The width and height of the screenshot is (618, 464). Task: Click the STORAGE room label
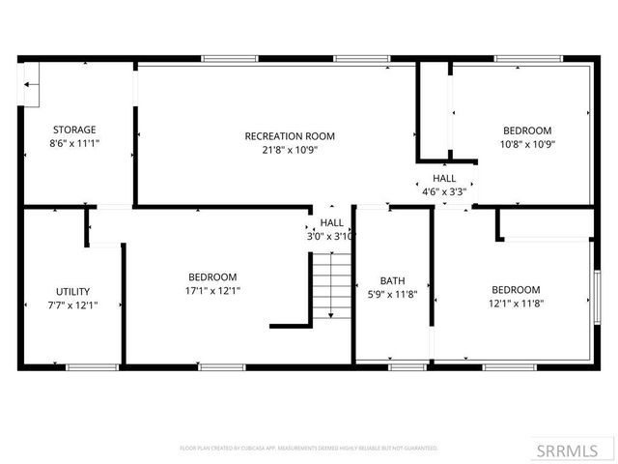[x=74, y=130]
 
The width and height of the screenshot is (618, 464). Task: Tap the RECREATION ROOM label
[x=290, y=136]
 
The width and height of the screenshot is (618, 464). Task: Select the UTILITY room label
[x=73, y=291]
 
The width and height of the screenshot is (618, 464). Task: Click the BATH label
[x=392, y=281]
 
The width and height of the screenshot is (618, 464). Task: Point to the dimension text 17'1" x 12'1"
[x=212, y=290]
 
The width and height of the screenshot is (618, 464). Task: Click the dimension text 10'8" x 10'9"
[x=527, y=144]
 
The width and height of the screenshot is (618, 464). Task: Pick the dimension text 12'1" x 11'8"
[x=516, y=303]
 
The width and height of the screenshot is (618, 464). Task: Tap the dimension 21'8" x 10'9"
[x=290, y=150]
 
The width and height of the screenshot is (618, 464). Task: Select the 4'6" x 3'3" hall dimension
[x=444, y=191]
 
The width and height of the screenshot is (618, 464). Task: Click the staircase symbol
[x=330, y=285]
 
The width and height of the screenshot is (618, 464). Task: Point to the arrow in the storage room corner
[x=32, y=85]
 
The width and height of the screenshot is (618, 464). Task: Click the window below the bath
[x=406, y=366]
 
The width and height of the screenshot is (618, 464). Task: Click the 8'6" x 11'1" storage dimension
[x=74, y=143]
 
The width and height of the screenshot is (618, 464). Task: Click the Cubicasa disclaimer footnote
[x=309, y=449]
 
